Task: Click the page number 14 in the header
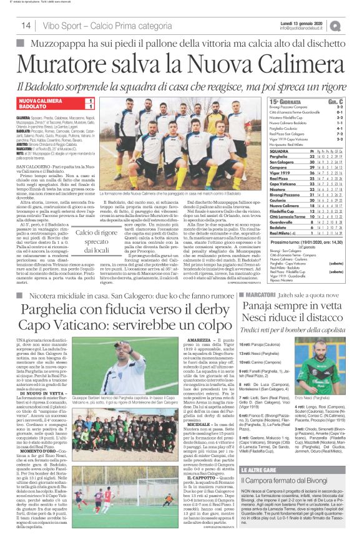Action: (x=26, y=25)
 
